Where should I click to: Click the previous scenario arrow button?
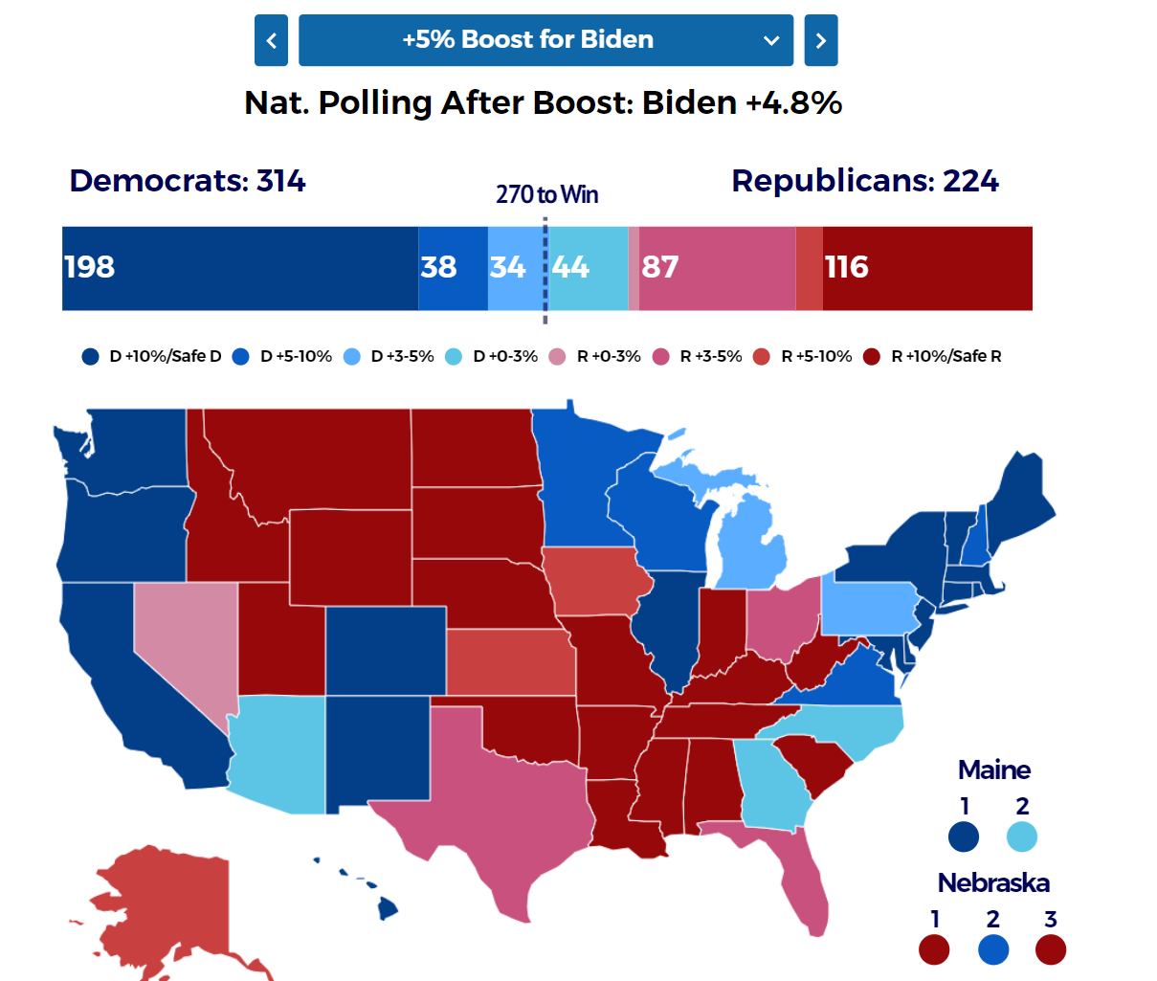271,40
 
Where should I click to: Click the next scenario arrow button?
820,40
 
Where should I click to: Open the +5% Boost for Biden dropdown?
545,40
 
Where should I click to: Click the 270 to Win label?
546,194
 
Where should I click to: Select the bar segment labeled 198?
239,268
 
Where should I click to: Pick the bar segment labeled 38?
453,268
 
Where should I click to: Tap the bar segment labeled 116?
926,268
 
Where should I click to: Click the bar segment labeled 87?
716,268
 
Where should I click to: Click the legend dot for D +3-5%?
352,357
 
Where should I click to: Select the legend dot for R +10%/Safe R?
872,357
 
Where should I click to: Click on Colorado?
386,651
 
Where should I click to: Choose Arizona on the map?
278,756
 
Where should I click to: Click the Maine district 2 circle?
1022,836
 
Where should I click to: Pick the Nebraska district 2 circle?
993,949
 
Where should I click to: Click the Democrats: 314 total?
188,181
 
